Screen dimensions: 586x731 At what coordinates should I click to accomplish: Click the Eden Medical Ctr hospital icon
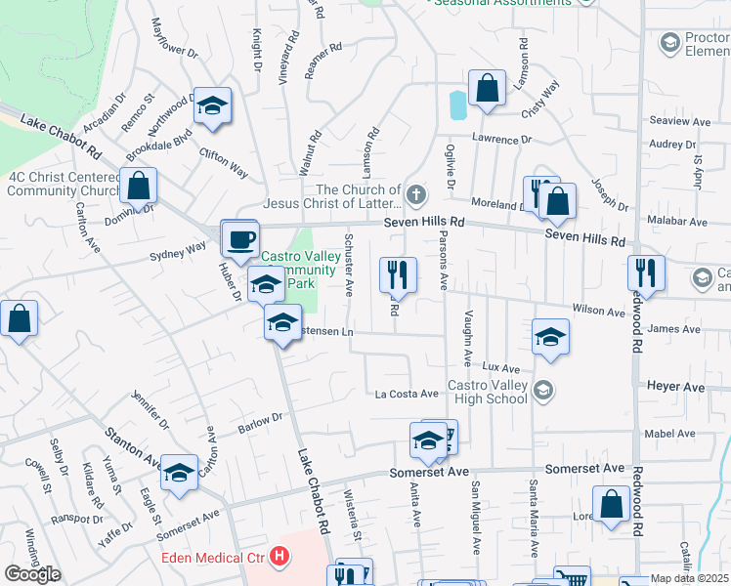pyautogui.click(x=280, y=558)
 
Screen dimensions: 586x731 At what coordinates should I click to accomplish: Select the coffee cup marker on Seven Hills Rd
pyautogui.click(x=239, y=238)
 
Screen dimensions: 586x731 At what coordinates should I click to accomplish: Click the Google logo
pyautogui.click(x=32, y=574)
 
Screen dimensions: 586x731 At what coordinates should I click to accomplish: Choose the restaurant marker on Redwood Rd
pyautogui.click(x=646, y=272)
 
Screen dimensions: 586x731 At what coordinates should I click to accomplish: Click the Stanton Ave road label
pyautogui.click(x=133, y=445)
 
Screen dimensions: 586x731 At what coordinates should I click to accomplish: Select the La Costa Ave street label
pyautogui.click(x=407, y=394)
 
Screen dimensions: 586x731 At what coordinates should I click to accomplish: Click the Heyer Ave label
pyautogui.click(x=675, y=388)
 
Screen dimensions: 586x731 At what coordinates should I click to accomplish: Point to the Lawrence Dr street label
pyautogui.click(x=501, y=140)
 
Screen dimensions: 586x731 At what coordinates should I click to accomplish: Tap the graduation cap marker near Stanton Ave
pyautogui.click(x=178, y=472)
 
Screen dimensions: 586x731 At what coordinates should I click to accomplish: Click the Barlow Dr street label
pyautogui.click(x=260, y=423)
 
